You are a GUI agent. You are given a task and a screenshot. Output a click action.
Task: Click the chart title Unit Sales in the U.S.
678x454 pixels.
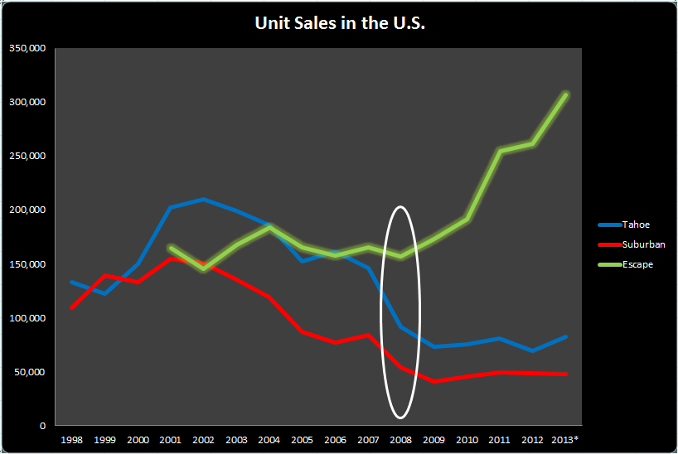coord(339,24)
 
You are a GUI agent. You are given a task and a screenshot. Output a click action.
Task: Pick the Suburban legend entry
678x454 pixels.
coord(635,245)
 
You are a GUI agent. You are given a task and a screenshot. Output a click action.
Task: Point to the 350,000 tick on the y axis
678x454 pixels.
coord(27,48)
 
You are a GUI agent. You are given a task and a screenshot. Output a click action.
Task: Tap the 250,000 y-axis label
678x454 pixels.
coord(27,156)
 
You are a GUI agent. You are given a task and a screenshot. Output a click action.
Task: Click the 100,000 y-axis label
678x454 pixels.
coord(27,318)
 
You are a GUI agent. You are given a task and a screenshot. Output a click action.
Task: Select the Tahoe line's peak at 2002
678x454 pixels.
coord(203,200)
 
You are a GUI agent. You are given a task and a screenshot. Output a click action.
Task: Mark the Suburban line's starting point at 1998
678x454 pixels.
coord(72,308)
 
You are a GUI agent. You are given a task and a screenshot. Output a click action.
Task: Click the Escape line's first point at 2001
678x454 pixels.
coord(171,247)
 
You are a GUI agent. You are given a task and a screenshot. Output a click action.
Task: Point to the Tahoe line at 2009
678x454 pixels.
coord(433,346)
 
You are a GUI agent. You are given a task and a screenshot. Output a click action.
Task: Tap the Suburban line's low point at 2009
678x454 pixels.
coord(433,381)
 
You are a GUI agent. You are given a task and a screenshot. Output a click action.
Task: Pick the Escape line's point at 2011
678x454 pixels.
coord(500,151)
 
